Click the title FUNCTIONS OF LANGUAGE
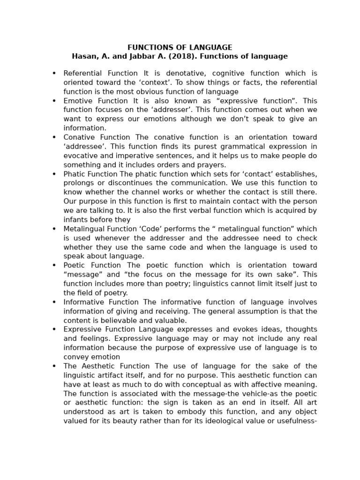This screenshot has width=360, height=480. pyautogui.click(x=180, y=47)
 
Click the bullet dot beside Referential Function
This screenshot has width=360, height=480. pyautogui.click(x=54, y=73)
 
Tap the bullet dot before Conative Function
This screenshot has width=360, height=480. pyautogui.click(x=54, y=137)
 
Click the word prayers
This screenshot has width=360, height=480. pyautogui.click(x=211, y=165)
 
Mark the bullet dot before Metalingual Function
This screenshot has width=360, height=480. pyautogui.click(x=54, y=229)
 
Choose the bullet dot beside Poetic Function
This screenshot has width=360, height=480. pyautogui.click(x=54, y=265)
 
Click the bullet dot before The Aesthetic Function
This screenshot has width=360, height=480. pyautogui.click(x=54, y=366)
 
